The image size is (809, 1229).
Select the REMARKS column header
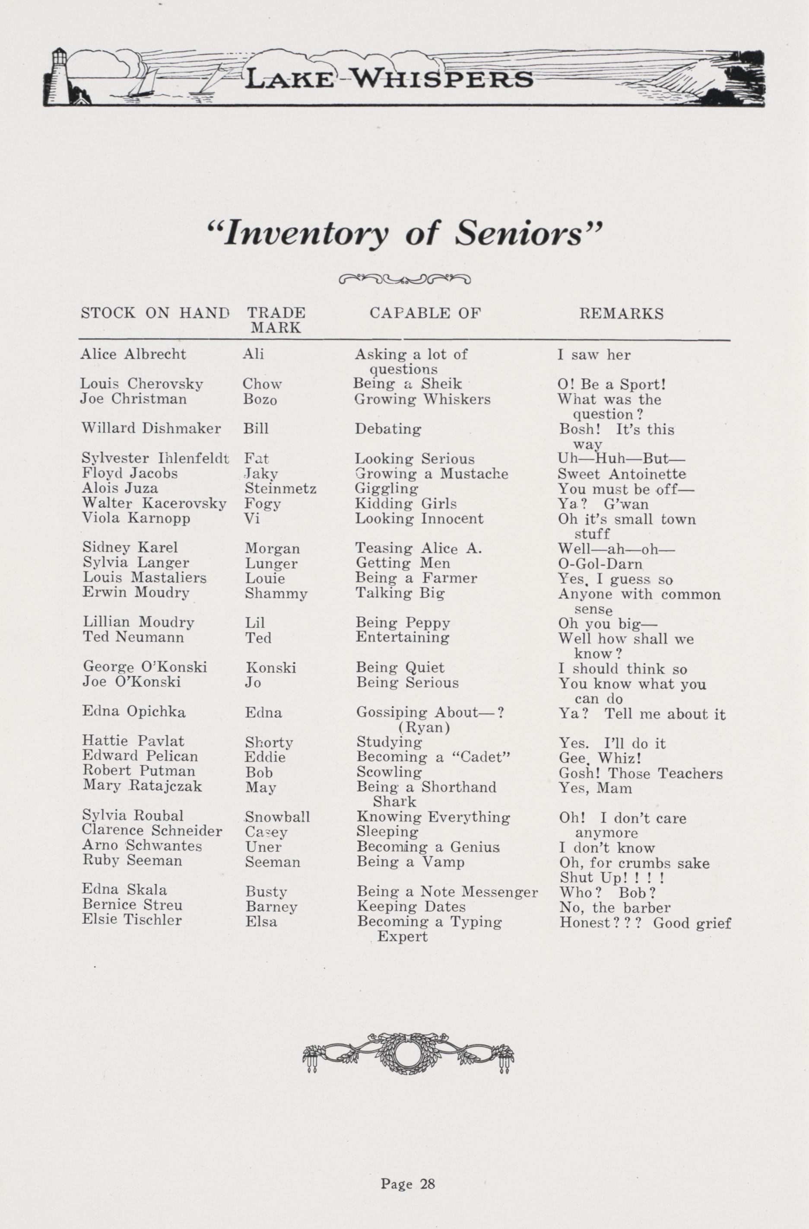tap(621, 313)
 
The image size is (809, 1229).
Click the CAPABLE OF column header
tap(425, 313)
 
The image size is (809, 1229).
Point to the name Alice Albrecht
tap(133, 354)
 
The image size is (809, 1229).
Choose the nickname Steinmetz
tap(280, 488)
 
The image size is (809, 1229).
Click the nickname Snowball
tap(277, 817)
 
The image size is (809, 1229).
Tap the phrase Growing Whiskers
tap(422, 399)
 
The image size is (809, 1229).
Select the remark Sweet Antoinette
tap(622, 474)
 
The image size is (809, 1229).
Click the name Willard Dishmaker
tap(151, 429)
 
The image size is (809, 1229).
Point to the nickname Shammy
tap(276, 594)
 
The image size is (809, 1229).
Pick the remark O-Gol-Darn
tap(600, 564)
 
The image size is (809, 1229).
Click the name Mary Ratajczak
tap(142, 786)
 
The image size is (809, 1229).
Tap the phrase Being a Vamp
tap(410, 862)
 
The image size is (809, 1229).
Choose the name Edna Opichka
tap(134, 712)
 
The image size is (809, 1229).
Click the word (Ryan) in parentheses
tap(424, 728)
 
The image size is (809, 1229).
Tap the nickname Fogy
tap(263, 503)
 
